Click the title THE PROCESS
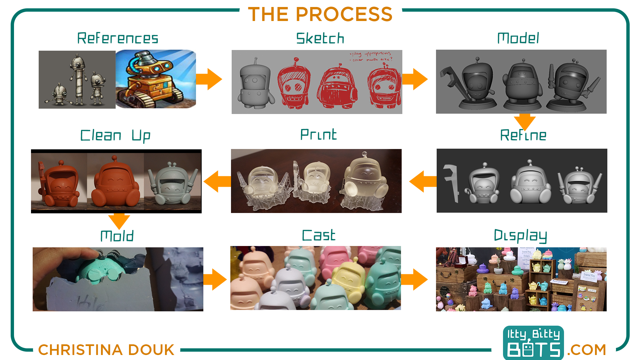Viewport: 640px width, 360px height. point(320,14)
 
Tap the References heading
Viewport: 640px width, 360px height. point(118,38)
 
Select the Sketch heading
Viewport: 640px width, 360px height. point(320,38)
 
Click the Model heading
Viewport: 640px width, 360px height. point(518,38)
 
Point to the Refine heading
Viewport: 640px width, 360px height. point(523,135)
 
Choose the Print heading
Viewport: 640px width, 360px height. point(318,135)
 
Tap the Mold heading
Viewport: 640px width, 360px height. point(117,236)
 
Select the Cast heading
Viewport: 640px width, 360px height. point(318,235)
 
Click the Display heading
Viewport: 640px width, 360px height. point(520,236)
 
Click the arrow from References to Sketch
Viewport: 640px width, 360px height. point(209,79)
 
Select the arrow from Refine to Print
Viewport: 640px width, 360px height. point(423,181)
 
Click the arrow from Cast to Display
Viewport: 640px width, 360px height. point(414,279)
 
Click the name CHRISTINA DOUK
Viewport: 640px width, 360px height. point(106,350)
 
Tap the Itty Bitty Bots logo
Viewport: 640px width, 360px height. point(533,343)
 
